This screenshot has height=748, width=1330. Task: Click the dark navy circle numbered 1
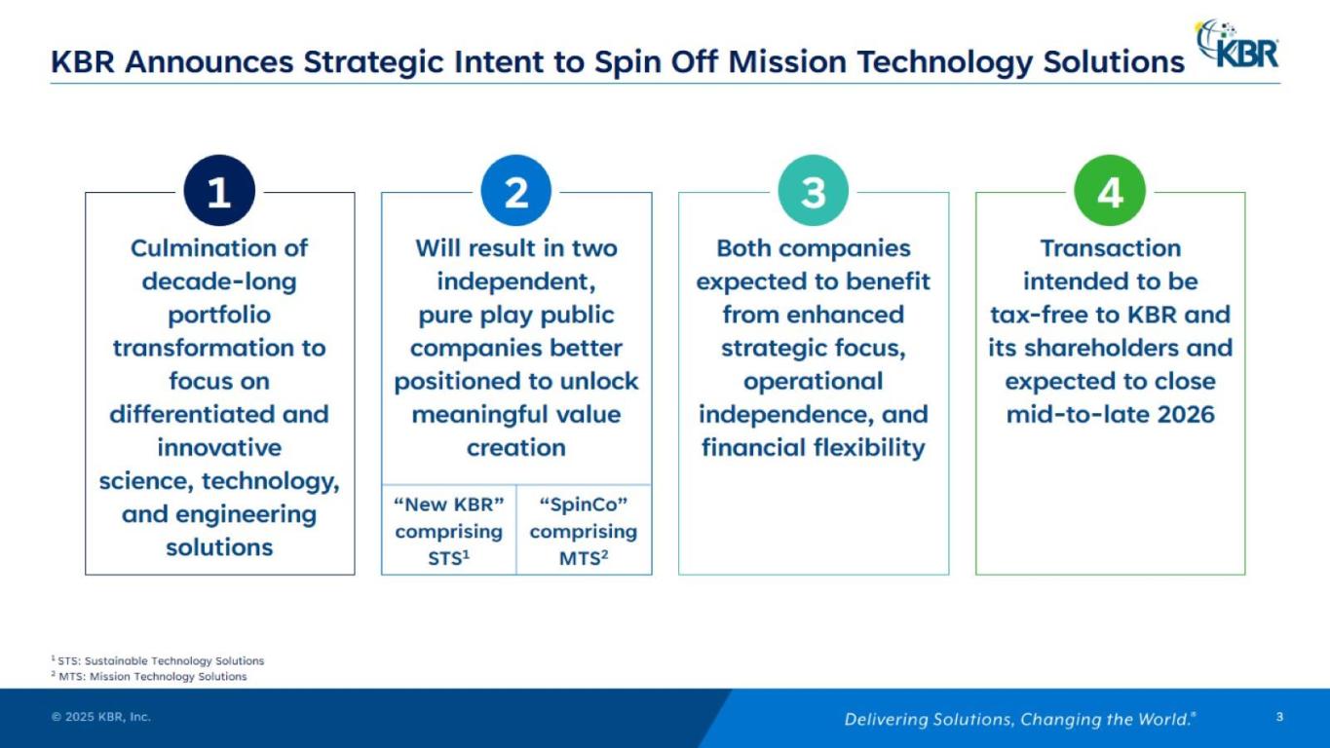219,191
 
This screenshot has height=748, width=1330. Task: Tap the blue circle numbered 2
516,191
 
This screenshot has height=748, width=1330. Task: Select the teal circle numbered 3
814,191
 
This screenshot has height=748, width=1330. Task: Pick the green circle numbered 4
1110,191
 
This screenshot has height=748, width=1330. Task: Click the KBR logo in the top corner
1237,44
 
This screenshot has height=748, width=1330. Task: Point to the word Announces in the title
209,61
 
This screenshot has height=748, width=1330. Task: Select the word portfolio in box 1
219,316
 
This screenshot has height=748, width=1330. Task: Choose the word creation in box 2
516,448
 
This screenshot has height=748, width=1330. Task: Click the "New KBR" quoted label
449,505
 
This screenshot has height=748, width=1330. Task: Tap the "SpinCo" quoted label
583,505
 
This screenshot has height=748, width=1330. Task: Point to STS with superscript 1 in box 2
449,558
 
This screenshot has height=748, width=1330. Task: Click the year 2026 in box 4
1186,415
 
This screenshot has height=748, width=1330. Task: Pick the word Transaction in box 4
1111,248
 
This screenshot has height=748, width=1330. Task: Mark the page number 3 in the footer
1279,717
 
